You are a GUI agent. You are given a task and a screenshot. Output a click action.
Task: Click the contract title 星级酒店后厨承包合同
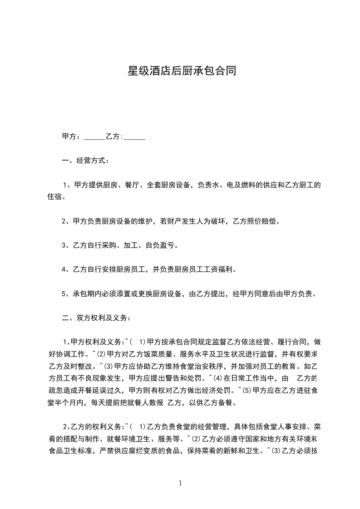pyautogui.click(x=180, y=71)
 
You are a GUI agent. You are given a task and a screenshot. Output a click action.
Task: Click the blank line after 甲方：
pyautogui.click(x=94, y=137)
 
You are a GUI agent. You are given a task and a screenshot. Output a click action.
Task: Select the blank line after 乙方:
pyautogui.click(x=134, y=137)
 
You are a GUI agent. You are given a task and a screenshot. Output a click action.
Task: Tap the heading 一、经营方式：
pyautogui.click(x=85, y=161)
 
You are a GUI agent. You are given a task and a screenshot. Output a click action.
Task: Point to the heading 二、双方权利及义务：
pyautogui.click(x=96, y=318)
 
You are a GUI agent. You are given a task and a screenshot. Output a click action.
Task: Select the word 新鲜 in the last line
pyautogui.click(x=225, y=450)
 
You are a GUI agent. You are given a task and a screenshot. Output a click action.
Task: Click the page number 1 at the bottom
pyautogui.click(x=180, y=484)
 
